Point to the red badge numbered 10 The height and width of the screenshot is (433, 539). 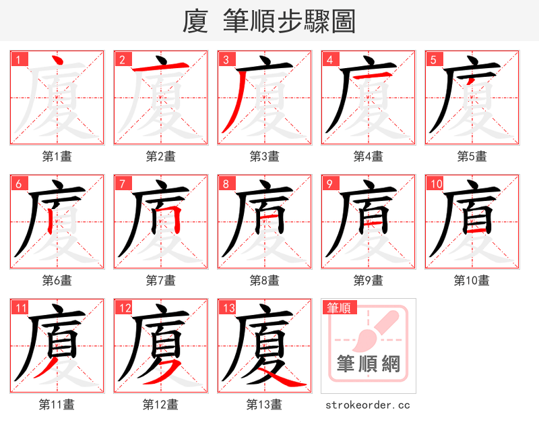(436, 184)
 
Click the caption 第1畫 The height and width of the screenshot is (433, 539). (57, 156)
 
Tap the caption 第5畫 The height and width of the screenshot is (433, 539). (472, 156)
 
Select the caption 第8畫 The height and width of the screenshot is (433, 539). (265, 281)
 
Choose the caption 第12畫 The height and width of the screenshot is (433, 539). (160, 405)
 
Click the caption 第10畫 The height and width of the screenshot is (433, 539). (472, 281)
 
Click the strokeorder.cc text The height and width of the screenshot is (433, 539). (368, 405)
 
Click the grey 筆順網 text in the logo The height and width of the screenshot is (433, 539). (369, 364)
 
